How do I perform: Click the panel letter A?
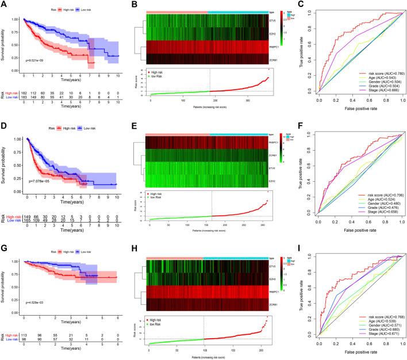click(x=4, y=5)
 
